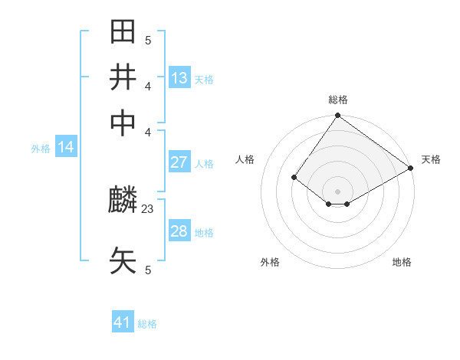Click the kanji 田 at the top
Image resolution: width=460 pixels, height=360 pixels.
click(123, 33)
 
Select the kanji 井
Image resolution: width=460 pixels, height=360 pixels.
click(123, 77)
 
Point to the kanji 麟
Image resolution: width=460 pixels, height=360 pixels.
click(123, 201)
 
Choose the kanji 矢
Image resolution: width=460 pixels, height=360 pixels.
click(123, 260)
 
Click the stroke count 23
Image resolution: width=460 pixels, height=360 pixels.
click(148, 208)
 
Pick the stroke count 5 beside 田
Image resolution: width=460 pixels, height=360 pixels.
click(148, 40)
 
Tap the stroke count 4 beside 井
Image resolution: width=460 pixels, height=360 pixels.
click(148, 85)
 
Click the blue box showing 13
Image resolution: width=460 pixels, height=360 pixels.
click(179, 78)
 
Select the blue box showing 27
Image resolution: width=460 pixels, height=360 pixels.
click(179, 162)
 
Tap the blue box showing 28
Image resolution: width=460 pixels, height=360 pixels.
click(179, 231)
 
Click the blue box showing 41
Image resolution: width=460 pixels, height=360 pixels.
click(123, 322)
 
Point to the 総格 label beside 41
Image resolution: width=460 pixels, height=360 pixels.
click(147, 324)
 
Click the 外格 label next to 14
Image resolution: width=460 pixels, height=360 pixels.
click(41, 149)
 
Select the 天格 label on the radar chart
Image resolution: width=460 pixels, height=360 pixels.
click(431, 159)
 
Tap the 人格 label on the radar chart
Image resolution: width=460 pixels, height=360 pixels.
click(245, 159)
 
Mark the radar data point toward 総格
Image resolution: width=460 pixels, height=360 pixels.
click(337, 116)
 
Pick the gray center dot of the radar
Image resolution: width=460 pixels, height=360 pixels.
click(337, 191)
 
